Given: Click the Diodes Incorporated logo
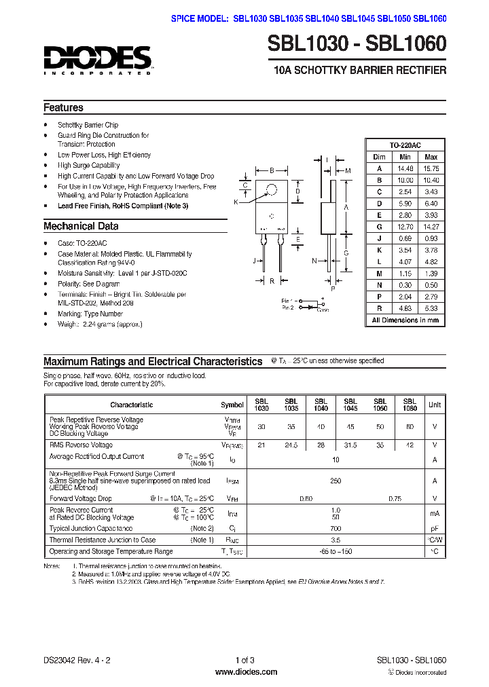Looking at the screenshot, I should pyautogui.click(x=98, y=60).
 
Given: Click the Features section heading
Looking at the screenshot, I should pyautogui.click(x=64, y=108).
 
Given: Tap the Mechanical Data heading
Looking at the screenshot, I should pyautogui.click(x=81, y=227).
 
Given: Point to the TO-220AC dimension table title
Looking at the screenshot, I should pyautogui.click(x=405, y=145).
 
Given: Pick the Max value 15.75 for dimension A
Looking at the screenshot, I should pyautogui.click(x=431, y=168).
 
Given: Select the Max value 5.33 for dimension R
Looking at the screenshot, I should pyautogui.click(x=431, y=308).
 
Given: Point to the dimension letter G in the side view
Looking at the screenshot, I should pyautogui.click(x=346, y=253).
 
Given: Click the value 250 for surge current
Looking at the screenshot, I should pyautogui.click(x=336, y=481).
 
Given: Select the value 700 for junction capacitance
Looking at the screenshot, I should pyautogui.click(x=336, y=527).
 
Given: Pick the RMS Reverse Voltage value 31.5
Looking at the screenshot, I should pyautogui.click(x=350, y=445).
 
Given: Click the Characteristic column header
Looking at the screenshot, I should pyautogui.click(x=131, y=405).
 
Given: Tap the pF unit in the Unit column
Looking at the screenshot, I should pyautogui.click(x=434, y=527).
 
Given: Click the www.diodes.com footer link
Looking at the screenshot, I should pyautogui.click(x=245, y=672).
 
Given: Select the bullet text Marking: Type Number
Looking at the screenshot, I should pyautogui.click(x=90, y=314).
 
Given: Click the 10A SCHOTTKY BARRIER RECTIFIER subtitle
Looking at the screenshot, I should pyautogui.click(x=359, y=71).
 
